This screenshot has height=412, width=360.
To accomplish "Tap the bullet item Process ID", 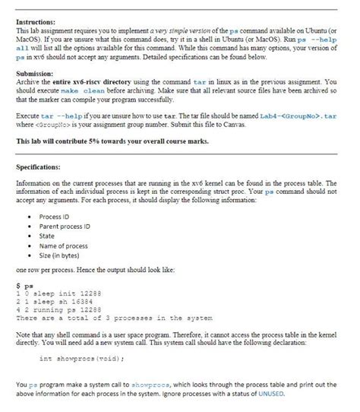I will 55,218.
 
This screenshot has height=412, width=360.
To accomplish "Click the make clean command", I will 83,90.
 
